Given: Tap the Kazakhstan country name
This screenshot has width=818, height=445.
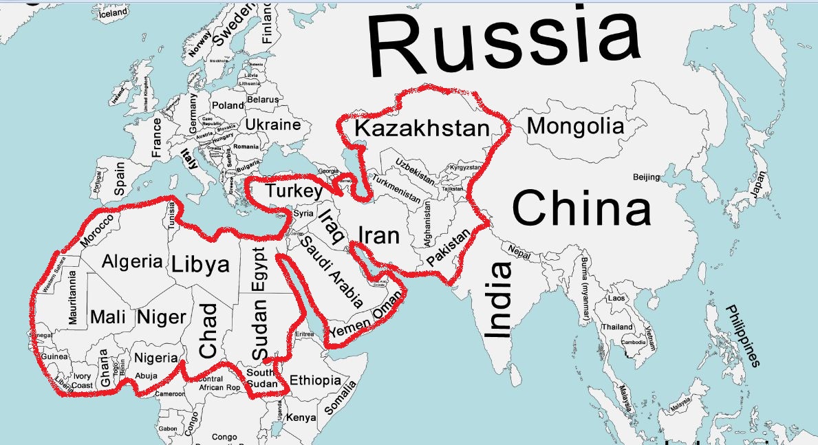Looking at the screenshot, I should pyautogui.click(x=422, y=128).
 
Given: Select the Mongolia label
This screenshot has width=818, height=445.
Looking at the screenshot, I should pyautogui.click(x=575, y=126).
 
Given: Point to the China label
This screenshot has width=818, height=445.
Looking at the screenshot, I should pyautogui.click(x=581, y=208).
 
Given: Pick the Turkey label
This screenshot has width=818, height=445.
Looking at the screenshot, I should pyautogui.click(x=294, y=191).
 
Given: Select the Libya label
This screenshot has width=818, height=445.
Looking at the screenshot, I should pyautogui.click(x=200, y=263).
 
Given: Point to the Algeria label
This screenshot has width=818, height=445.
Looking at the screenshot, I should pyautogui.click(x=132, y=261).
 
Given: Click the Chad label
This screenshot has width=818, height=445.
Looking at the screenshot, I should pyautogui.click(x=208, y=330).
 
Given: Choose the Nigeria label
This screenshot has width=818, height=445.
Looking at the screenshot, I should pyautogui.click(x=155, y=358).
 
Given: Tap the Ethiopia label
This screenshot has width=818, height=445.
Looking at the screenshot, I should pyautogui.click(x=315, y=380).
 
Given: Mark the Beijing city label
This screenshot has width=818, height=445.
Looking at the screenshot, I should pyautogui.click(x=646, y=177).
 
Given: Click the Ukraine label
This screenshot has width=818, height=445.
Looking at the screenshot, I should pyautogui.click(x=273, y=125).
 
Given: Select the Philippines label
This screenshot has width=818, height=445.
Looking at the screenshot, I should pyautogui.click(x=743, y=335).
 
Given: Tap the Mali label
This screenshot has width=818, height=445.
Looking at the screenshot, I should pyautogui.click(x=109, y=317).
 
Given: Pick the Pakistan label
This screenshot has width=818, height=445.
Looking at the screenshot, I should pyautogui.click(x=449, y=249).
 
